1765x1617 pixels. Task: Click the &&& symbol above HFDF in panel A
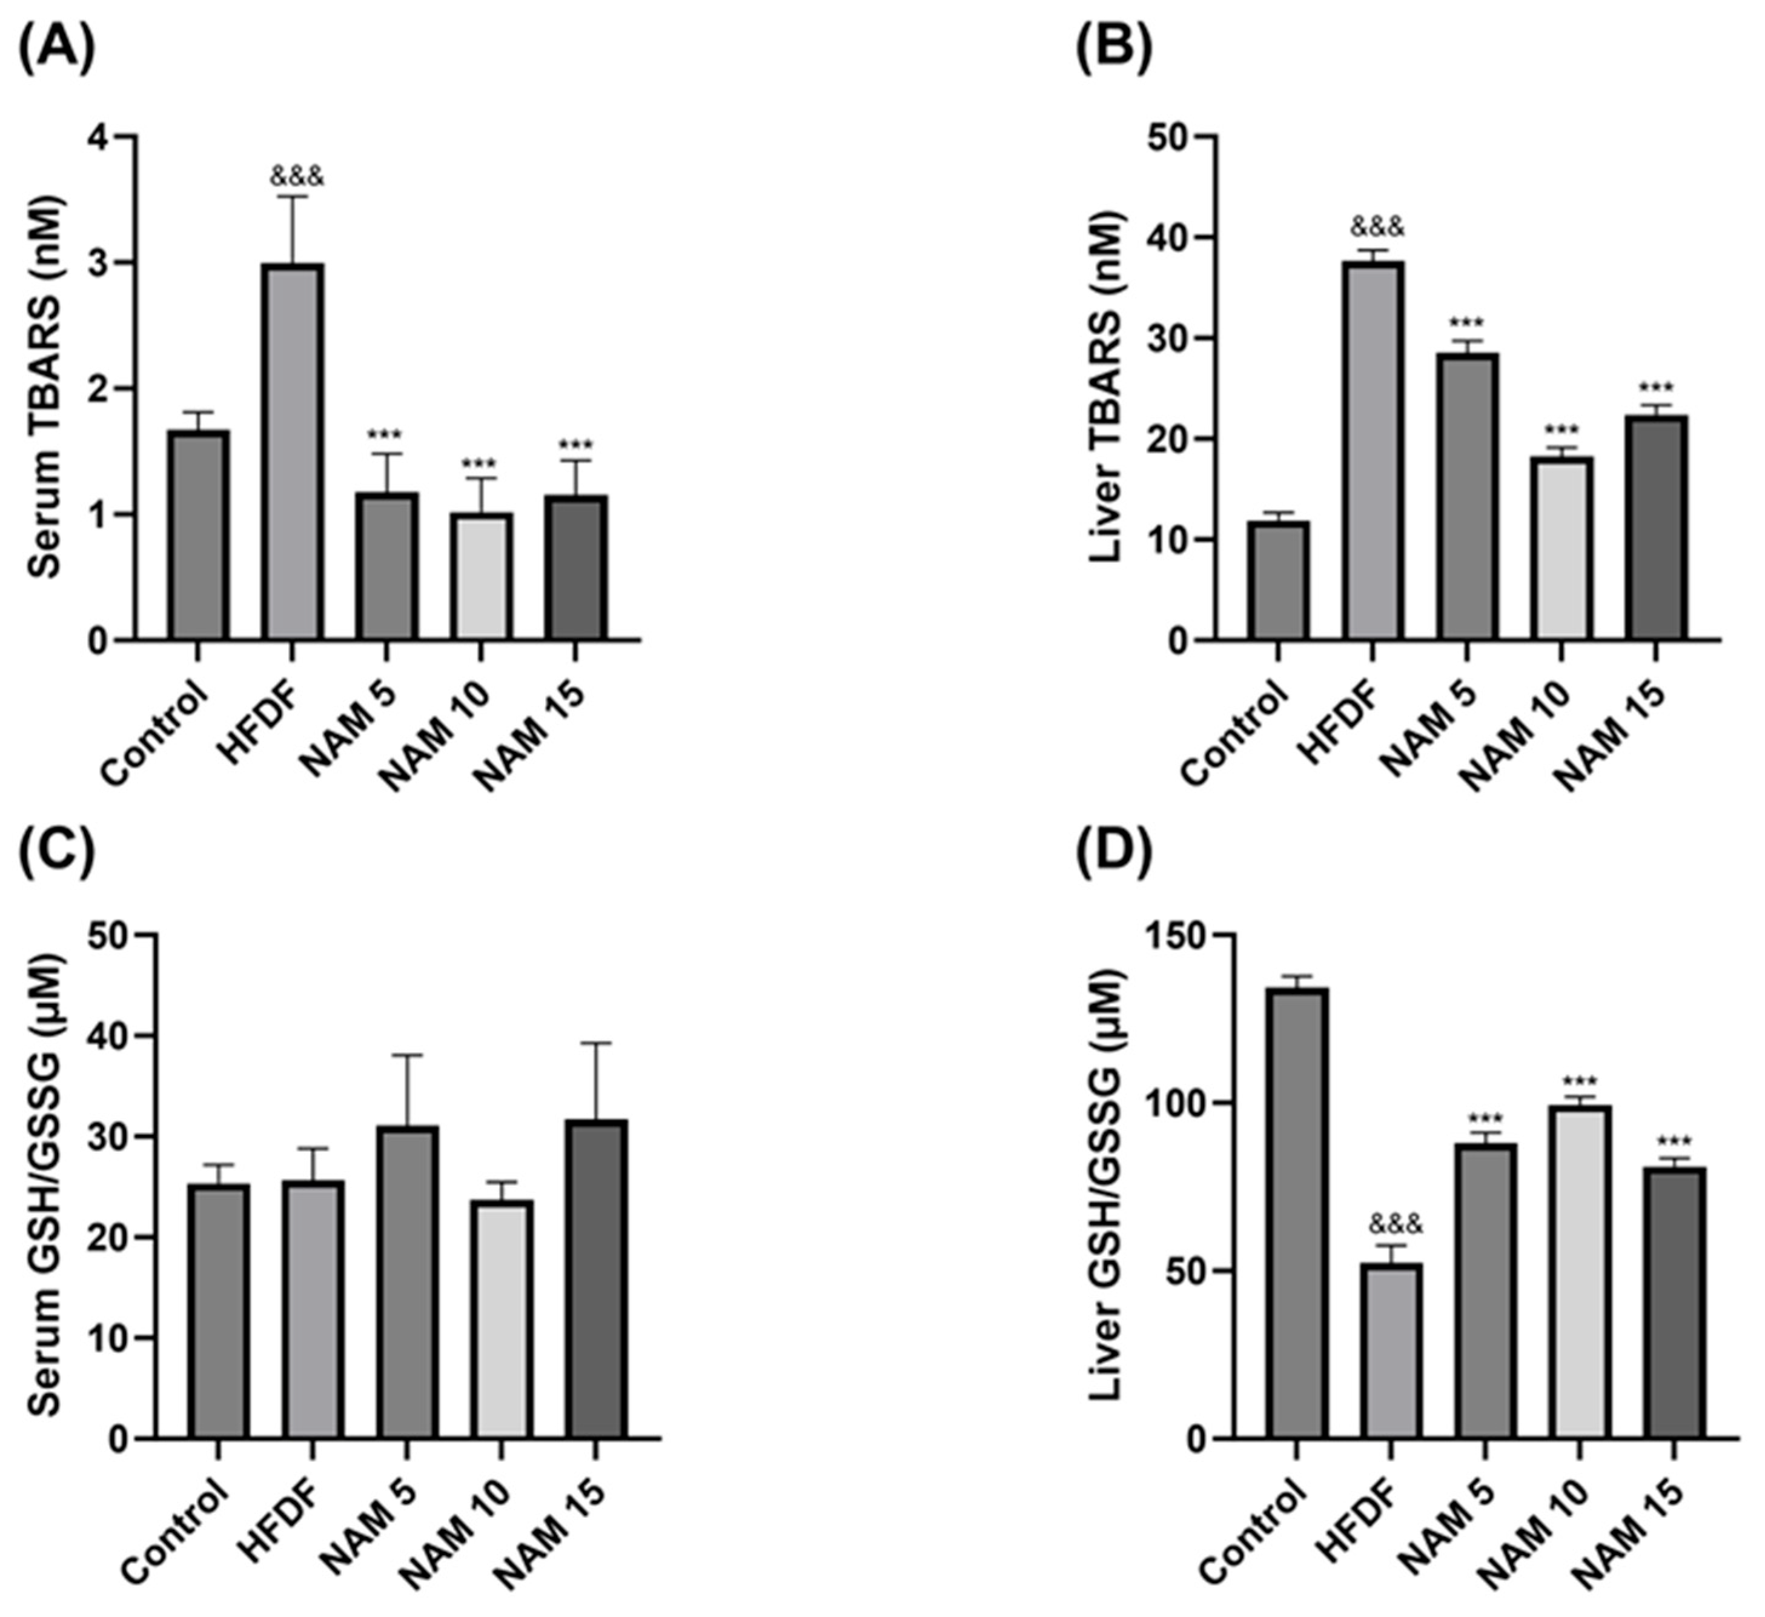pyautogui.click(x=297, y=177)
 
